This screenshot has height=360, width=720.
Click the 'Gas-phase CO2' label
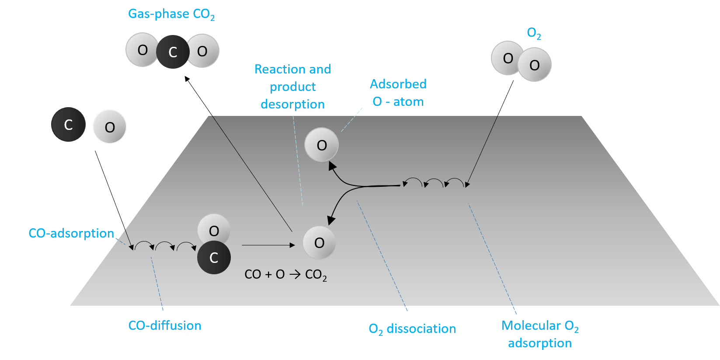point(171,14)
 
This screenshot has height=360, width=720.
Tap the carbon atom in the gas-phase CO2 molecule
point(173,52)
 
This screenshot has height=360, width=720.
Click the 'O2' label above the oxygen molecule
point(534,33)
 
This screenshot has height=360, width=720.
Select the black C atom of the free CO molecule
point(68,125)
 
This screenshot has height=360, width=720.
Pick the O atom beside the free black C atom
point(110,127)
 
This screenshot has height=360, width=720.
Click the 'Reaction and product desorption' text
point(292,87)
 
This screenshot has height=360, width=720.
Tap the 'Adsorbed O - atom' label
point(398,93)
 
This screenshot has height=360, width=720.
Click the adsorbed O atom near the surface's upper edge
point(322,145)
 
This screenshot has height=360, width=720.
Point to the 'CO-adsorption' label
point(71,233)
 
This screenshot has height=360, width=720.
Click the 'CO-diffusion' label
point(165,325)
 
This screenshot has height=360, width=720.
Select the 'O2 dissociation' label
point(412,329)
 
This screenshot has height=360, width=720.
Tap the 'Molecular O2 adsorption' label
point(540,334)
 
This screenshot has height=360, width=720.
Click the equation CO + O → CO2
point(285,275)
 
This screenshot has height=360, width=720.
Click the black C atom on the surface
point(214,258)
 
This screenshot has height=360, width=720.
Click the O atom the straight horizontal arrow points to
point(320,243)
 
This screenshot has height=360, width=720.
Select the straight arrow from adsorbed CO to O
point(268,245)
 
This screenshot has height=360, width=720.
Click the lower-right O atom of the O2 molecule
point(535,65)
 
